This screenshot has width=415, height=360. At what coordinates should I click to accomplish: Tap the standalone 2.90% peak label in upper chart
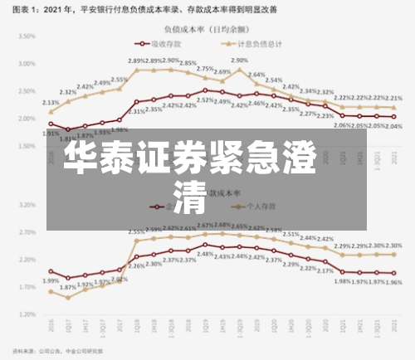240,61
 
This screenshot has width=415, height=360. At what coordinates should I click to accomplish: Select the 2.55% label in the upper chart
119,80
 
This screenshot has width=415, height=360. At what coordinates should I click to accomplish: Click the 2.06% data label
342,125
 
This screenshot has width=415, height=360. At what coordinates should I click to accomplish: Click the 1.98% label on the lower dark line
342,281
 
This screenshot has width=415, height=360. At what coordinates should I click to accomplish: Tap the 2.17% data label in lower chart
325,270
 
